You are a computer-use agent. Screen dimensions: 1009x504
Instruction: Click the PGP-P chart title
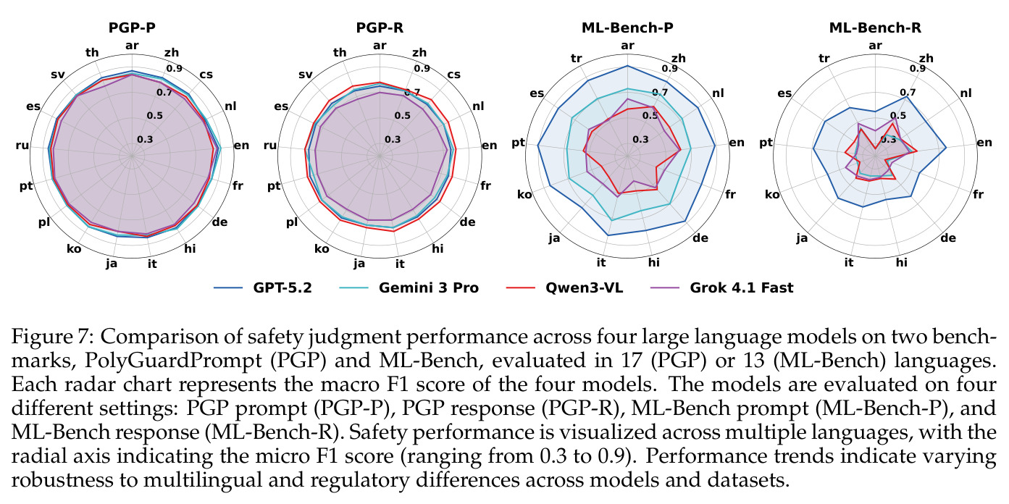tap(132, 28)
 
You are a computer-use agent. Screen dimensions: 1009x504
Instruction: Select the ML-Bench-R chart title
tap(875, 28)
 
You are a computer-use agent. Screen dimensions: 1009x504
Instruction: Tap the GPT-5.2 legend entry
tap(263, 287)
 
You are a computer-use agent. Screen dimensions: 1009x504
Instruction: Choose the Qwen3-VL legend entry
tap(565, 287)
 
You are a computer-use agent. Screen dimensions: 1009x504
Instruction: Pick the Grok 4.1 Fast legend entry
tap(722, 287)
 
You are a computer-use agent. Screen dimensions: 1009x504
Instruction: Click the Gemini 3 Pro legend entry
tap(409, 287)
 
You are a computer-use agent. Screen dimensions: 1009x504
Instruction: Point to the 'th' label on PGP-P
tap(92, 53)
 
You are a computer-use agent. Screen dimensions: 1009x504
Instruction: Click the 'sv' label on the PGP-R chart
tap(306, 75)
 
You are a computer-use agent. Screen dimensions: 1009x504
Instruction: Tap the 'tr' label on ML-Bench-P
tap(576, 59)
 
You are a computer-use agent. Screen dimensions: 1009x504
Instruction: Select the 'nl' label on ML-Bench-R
tap(966, 93)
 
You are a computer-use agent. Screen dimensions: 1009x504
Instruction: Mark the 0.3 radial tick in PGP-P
tap(145, 139)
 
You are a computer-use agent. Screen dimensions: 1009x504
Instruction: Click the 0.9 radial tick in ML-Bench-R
tap(918, 69)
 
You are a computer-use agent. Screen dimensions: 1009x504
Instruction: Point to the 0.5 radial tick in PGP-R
tap(402, 116)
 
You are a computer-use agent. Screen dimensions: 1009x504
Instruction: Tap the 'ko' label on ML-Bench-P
tap(524, 195)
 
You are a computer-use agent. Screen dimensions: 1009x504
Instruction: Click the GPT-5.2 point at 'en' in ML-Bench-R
tap(946, 147)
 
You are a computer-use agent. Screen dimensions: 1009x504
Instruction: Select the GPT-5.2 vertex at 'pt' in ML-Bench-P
tap(537, 145)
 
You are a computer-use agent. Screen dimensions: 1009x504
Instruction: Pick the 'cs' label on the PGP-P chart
tap(206, 75)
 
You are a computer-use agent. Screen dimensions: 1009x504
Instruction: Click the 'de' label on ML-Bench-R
tap(948, 238)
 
